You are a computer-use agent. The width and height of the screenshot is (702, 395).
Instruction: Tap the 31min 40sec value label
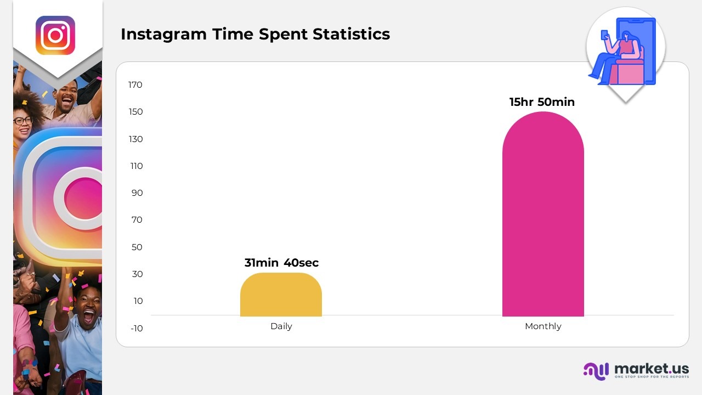pos(281,263)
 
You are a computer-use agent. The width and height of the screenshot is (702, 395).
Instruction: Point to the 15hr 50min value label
pos(542,102)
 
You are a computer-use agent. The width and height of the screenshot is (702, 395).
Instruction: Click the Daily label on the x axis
pos(281,326)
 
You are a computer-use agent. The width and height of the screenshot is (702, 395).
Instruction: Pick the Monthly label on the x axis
pos(543,326)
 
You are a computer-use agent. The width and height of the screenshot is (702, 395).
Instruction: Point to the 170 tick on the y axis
pos(135,85)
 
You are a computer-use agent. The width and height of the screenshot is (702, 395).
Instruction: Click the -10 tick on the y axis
pos(136,329)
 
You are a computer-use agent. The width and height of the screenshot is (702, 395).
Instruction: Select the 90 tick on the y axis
pos(137,193)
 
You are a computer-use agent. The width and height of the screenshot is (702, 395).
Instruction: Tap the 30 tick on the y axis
pos(137,274)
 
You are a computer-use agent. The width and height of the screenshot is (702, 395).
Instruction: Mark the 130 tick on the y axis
pos(135,139)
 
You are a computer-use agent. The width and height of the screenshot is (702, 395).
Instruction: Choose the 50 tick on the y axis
pos(137,247)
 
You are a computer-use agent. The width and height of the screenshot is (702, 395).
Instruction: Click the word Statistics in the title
pos(351,34)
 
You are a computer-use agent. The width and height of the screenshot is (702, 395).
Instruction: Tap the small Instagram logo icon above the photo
pos(55,35)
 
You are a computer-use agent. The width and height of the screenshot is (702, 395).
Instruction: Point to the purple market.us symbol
pos(596,371)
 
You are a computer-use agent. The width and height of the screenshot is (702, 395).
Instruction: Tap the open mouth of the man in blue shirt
pos(88,317)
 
